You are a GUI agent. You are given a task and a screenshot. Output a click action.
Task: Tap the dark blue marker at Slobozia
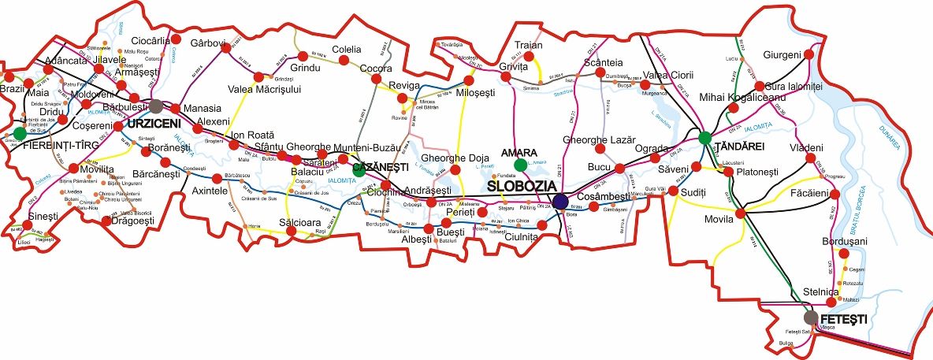559,202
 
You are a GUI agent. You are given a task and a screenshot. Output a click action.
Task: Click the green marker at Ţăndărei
704,138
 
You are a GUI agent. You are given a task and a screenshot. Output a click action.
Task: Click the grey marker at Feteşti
810,317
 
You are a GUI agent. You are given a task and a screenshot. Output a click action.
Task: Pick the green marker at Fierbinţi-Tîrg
19,133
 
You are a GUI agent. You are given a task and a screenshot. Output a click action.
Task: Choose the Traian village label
528,46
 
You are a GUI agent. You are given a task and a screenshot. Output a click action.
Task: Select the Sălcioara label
300,223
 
